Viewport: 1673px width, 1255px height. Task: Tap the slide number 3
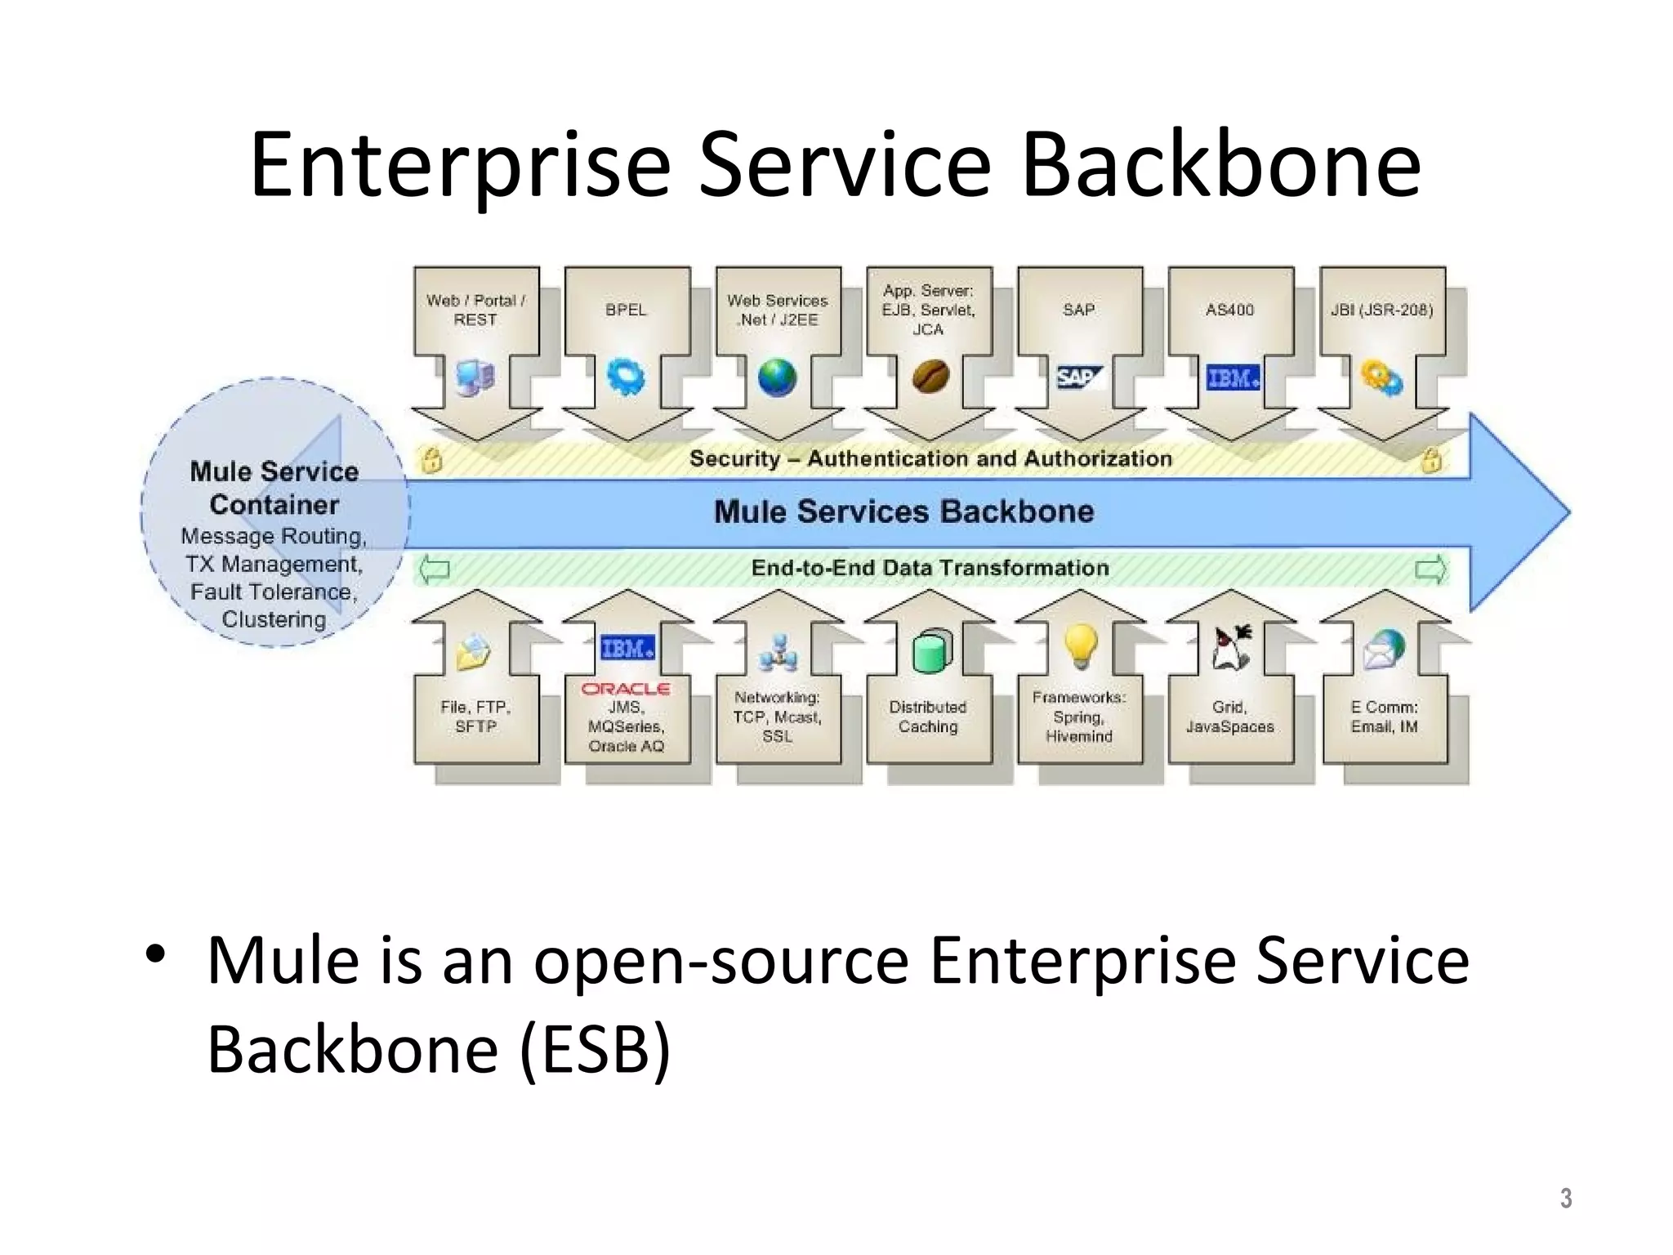(1565, 1198)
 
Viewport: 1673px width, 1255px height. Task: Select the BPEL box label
(626, 310)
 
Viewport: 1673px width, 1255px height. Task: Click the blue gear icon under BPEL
(626, 377)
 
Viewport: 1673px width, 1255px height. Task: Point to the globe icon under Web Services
(777, 377)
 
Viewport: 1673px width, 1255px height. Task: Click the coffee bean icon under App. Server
(930, 377)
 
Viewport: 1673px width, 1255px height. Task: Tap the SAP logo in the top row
(1078, 377)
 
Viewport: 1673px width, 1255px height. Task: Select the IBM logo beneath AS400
(1233, 377)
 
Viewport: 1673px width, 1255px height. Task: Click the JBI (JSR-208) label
(1382, 310)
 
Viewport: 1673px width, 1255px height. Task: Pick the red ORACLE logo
(626, 689)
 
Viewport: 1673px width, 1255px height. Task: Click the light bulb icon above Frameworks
(1080, 645)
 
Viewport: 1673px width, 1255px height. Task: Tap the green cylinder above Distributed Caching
(931, 651)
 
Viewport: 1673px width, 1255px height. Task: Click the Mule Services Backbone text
(903, 511)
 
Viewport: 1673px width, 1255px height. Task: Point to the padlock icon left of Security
(432, 460)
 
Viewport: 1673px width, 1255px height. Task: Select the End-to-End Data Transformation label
(930, 568)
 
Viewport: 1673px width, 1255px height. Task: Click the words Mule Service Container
(274, 488)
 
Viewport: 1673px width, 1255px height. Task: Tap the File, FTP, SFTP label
(475, 717)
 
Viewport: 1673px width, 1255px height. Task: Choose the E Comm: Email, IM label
(1384, 717)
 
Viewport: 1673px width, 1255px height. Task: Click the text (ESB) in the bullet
(596, 1049)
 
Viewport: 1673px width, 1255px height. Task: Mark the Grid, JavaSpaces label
(1230, 717)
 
